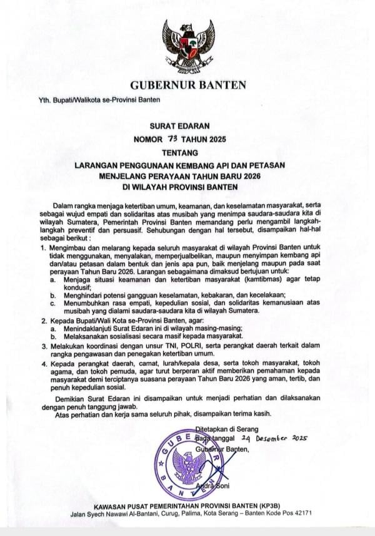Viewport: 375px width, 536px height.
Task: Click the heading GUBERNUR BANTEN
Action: tap(187, 85)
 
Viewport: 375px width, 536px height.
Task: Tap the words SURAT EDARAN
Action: tap(187, 125)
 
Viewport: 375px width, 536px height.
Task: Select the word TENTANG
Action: tap(187, 152)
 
